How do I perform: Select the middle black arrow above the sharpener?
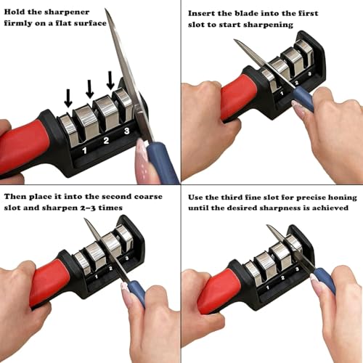tap(89, 88)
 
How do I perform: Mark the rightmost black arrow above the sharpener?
tap(110, 80)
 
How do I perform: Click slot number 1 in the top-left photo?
tap(84, 151)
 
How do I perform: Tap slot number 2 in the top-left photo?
tap(106, 140)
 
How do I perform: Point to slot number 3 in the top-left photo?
tap(126, 131)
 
